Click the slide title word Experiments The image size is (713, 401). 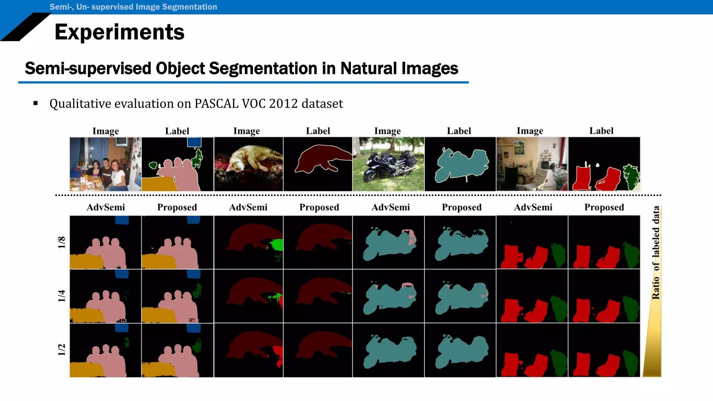pyautogui.click(x=119, y=32)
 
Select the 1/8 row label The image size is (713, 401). pyautogui.click(x=62, y=242)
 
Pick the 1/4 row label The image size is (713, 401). pyautogui.click(x=62, y=296)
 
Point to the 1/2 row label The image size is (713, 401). pyautogui.click(x=62, y=350)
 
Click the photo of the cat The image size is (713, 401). pyautogui.click(x=248, y=164)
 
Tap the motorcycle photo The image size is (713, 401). pyautogui.click(x=388, y=164)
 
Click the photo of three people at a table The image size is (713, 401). pyautogui.click(x=105, y=164)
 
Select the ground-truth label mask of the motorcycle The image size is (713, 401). pyautogui.click(x=460, y=164)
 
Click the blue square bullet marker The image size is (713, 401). pyautogui.click(x=36, y=103)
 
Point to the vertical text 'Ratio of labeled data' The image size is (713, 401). pyautogui.click(x=656, y=252)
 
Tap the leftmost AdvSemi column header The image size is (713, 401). pyautogui.click(x=105, y=207)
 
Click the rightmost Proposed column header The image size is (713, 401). pyautogui.click(x=604, y=207)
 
